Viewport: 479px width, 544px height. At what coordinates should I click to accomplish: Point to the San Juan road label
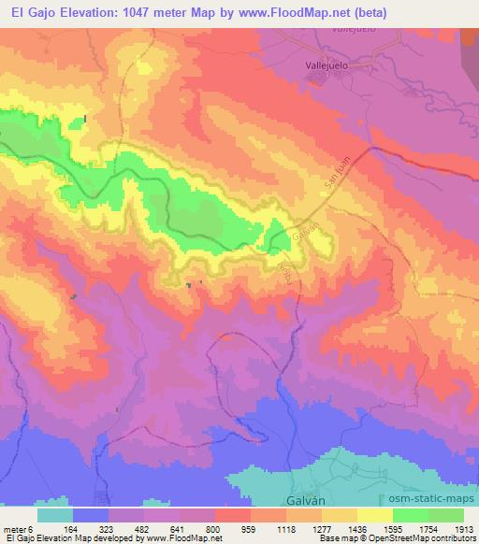[x=341, y=174]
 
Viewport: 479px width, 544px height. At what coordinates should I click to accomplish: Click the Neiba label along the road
[x=283, y=270]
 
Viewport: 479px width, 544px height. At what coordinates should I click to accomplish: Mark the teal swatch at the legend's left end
[x=55, y=514]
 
